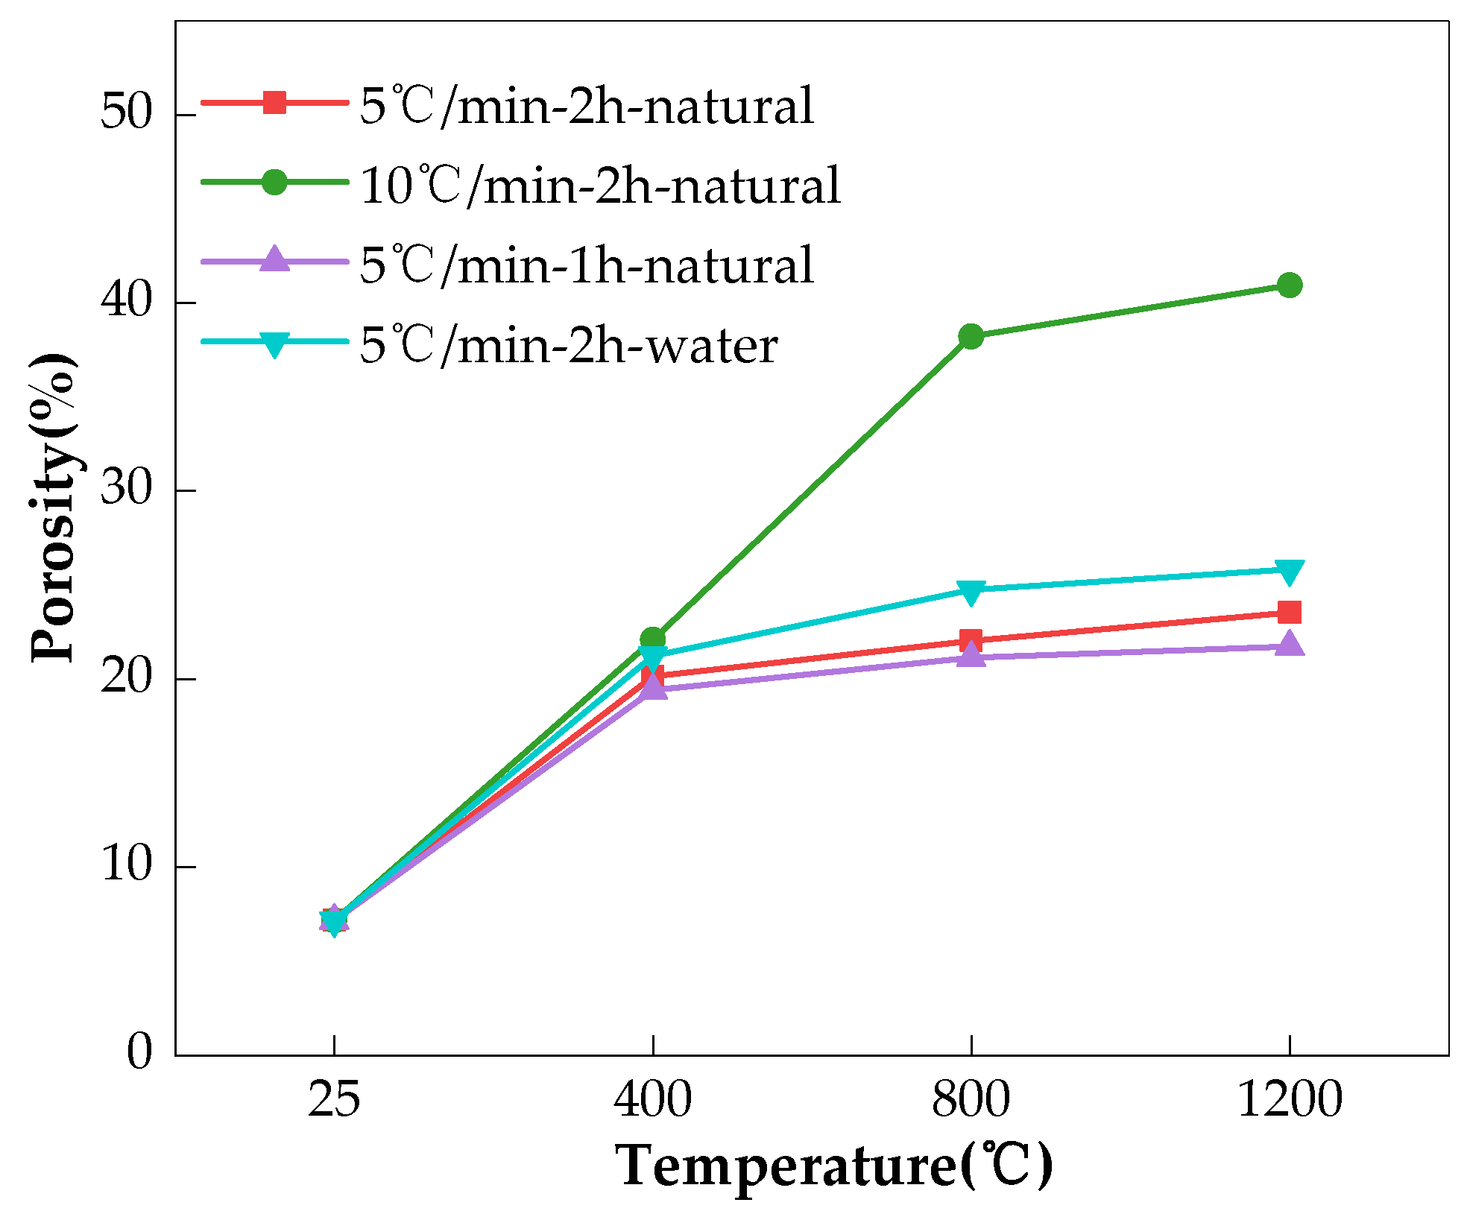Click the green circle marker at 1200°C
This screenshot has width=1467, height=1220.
1289,285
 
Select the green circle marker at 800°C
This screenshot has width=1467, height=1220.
971,336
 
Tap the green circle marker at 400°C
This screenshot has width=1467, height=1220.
652,639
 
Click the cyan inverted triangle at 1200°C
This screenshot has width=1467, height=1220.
1289,571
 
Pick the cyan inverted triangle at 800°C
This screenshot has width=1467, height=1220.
971,591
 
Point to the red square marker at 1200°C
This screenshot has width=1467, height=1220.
1289,613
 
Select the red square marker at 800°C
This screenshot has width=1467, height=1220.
971,640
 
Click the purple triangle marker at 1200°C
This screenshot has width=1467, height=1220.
1289,644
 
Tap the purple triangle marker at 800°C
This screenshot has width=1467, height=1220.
971,655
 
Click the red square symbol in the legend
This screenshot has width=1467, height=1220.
274,102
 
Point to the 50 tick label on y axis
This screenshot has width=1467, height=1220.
126,113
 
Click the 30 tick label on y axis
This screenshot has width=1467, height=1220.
126,490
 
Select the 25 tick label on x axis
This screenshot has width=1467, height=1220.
334,1099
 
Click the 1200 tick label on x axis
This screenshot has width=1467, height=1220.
1289,1099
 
